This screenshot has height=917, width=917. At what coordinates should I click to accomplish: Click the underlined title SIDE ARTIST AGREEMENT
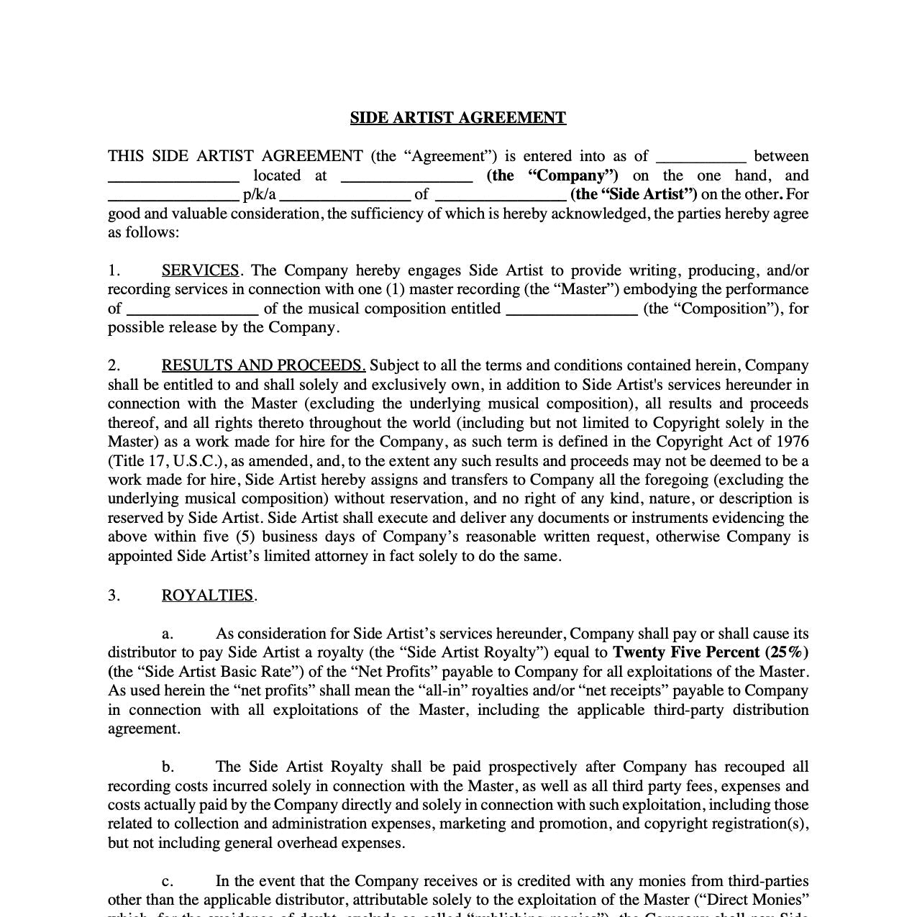[458, 118]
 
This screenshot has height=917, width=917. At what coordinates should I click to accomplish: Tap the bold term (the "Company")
[552, 175]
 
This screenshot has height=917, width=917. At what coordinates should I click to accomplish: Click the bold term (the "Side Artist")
[634, 194]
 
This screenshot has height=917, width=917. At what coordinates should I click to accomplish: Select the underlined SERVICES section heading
[201, 270]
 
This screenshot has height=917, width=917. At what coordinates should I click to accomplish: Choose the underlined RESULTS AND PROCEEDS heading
[263, 365]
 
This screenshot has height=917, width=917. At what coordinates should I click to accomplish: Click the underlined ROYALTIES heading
[207, 596]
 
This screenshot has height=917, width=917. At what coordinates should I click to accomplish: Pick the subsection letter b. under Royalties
[168, 767]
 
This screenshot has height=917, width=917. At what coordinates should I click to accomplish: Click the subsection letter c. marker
[168, 881]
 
